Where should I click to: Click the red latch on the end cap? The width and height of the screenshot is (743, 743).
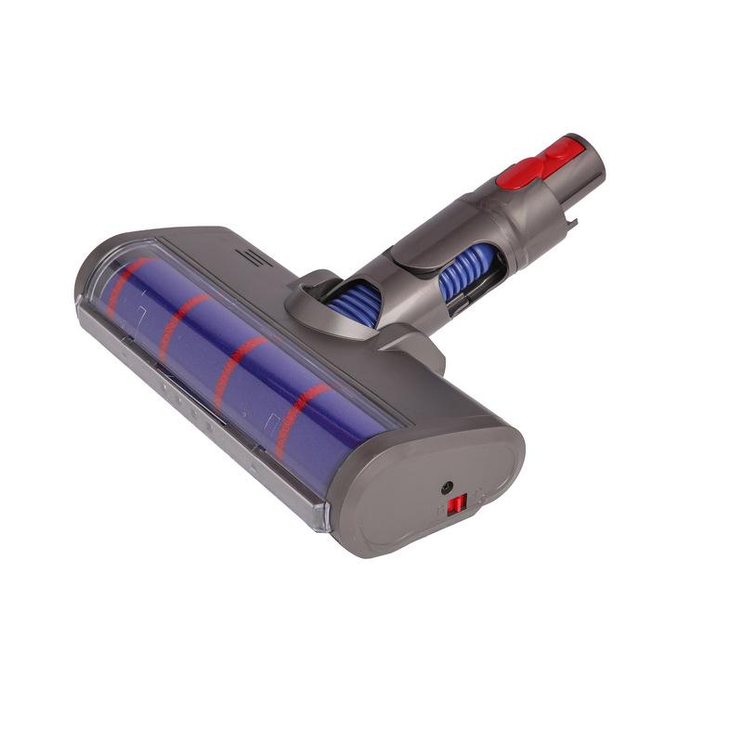click(x=456, y=505)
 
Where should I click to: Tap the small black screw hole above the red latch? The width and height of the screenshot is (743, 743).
click(x=448, y=487)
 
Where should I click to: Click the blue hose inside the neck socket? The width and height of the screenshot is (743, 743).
click(x=352, y=301)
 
